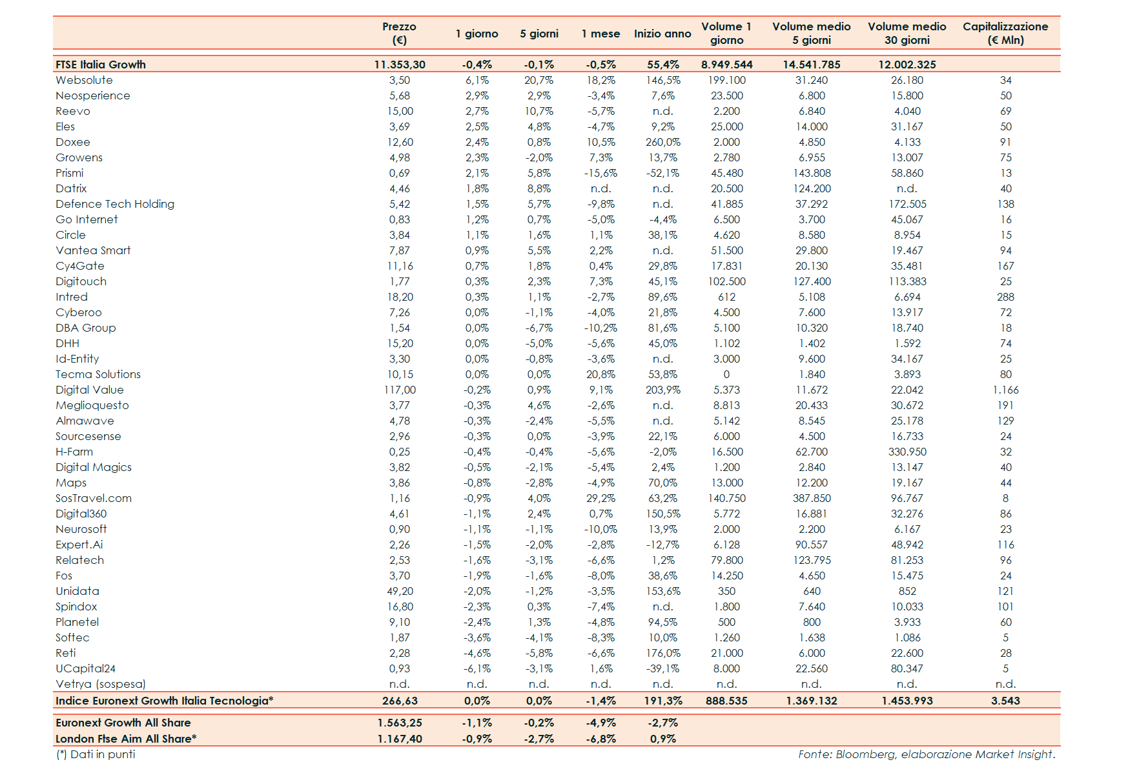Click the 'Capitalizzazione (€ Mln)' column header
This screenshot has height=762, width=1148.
(x=1005, y=33)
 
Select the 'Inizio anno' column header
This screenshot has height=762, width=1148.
(x=662, y=34)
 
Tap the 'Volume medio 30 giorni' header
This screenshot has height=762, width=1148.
(x=907, y=33)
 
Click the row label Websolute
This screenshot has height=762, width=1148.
(x=84, y=80)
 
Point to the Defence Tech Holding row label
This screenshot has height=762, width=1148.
(x=115, y=204)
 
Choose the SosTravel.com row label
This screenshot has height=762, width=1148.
(x=94, y=498)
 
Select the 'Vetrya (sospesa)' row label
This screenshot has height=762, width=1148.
(x=101, y=684)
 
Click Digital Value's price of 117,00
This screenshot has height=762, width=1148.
(x=400, y=390)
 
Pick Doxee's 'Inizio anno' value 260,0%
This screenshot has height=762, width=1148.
(x=663, y=142)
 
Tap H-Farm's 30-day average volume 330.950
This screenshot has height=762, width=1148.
(x=907, y=452)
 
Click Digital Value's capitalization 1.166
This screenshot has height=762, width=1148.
(x=1005, y=390)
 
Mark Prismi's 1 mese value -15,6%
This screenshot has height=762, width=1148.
(x=600, y=173)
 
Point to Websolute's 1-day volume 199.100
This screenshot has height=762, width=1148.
(x=726, y=80)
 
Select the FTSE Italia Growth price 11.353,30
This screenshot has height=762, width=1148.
(x=400, y=65)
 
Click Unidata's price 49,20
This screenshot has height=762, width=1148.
(x=400, y=591)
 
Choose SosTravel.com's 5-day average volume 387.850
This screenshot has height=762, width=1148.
(x=812, y=498)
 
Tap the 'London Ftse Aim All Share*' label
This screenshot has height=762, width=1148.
(x=126, y=739)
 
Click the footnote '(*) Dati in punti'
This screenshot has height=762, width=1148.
(x=96, y=754)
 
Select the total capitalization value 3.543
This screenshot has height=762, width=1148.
(x=1005, y=701)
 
